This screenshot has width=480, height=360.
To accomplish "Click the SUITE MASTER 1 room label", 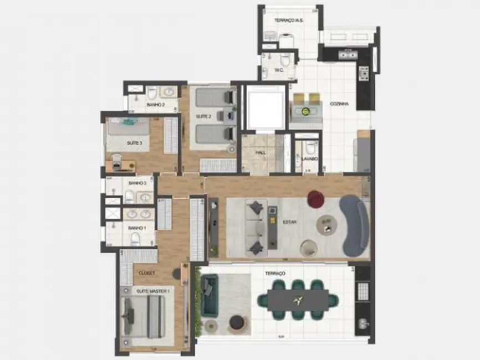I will point(153,290).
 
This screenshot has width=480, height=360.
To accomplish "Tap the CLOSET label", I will point(146,273).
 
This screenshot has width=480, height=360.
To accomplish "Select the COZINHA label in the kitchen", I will point(339,104).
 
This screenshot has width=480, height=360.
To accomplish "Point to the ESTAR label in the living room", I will point(289,222).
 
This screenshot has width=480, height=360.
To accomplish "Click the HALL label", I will point(261,152).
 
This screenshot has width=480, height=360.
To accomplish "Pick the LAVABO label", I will point(309,159).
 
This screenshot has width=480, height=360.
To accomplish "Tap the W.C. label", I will point(279,70).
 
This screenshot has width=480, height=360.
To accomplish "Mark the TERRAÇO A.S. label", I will point(288,21).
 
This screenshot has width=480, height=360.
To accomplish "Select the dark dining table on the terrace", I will point(299,301).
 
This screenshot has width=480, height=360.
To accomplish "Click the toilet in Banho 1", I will point(135,239).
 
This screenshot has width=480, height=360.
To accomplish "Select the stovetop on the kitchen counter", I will point(364,73).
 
